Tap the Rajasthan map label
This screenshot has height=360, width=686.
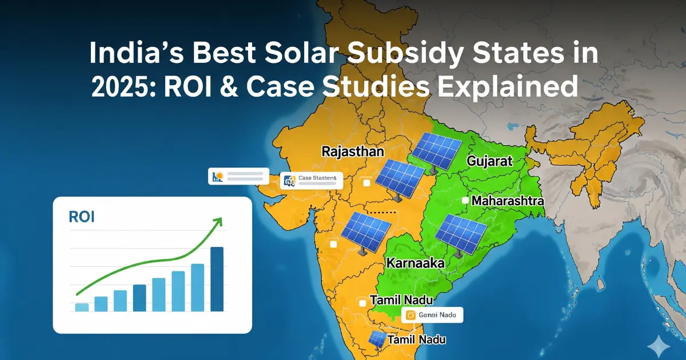click(x=353, y=152)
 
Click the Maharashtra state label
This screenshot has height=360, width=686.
click(x=508, y=201)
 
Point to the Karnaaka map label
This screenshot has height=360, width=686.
click(x=416, y=263)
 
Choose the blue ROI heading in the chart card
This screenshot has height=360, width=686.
click(x=81, y=217)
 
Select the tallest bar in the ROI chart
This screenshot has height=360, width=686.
click(x=217, y=279)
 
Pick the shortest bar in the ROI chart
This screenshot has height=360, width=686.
click(x=82, y=307)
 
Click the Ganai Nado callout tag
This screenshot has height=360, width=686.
click(x=432, y=314)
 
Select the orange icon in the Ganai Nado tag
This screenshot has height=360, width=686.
click(x=410, y=314)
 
